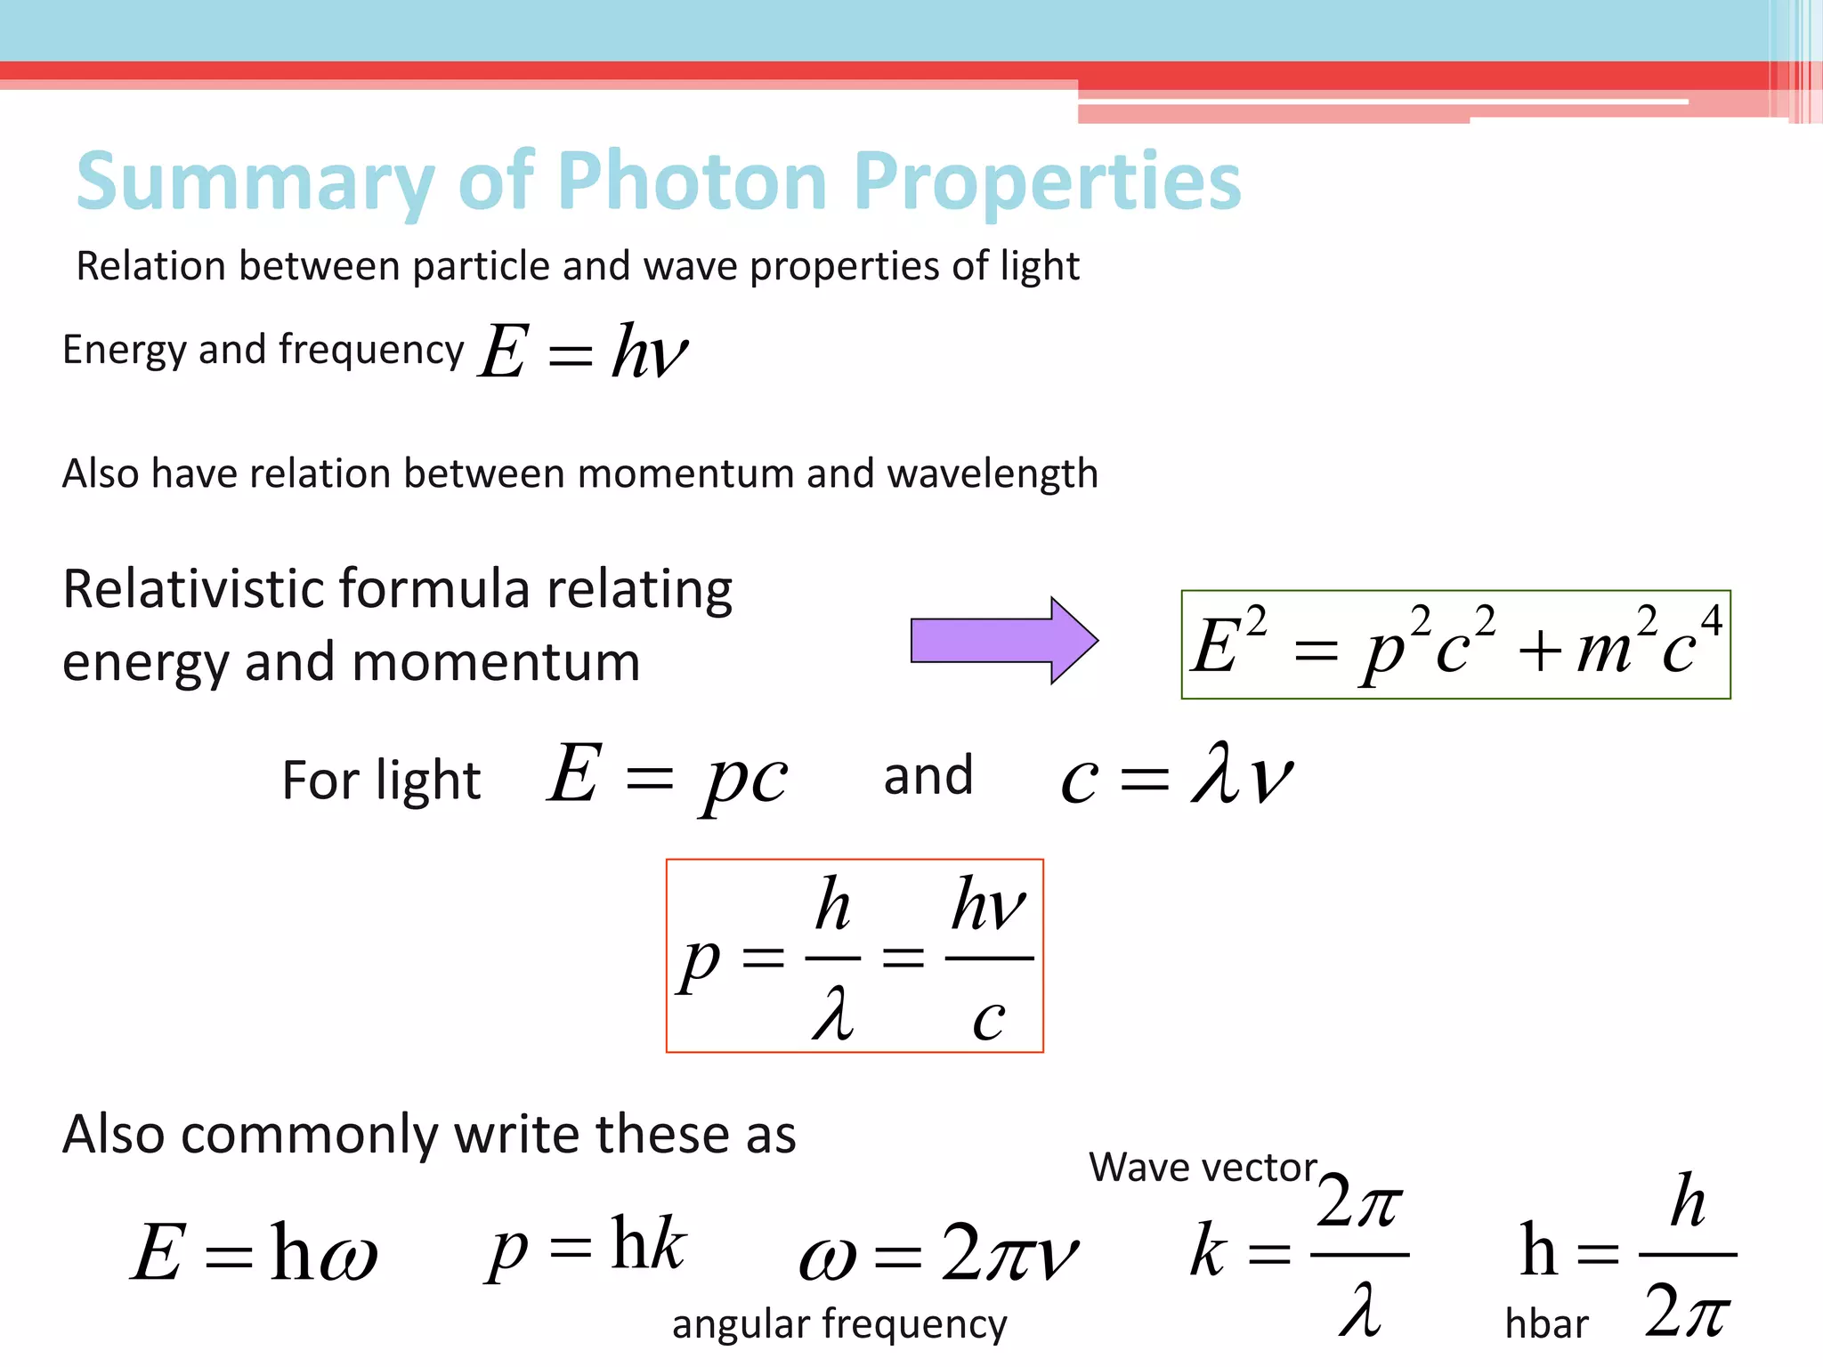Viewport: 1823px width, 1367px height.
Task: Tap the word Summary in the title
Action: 255,183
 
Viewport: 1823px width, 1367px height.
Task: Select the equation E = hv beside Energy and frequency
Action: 583,352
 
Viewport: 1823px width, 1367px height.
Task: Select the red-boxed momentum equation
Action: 855,956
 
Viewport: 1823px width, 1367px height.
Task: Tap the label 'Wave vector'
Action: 1202,1167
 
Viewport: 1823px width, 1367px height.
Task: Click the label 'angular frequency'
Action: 839,1323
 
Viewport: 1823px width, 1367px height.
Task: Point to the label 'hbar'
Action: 1546,1324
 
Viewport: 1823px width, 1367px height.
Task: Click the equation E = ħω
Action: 255,1252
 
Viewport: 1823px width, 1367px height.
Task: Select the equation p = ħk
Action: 586,1246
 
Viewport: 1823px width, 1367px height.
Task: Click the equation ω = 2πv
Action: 938,1252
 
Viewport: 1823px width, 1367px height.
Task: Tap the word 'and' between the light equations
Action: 928,776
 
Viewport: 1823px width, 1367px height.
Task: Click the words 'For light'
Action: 381,781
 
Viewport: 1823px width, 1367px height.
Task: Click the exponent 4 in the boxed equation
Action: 1710,620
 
